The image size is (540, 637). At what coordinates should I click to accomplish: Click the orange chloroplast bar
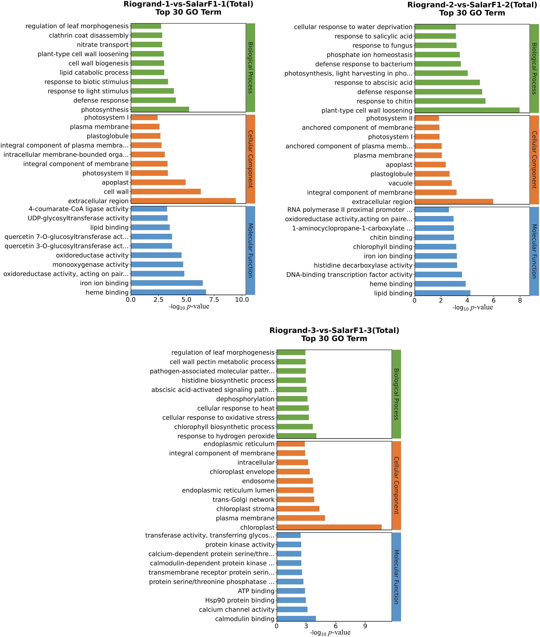point(329,527)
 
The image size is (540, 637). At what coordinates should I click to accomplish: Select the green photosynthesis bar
point(160,109)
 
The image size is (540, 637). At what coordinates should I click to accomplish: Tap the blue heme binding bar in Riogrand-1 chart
point(168,292)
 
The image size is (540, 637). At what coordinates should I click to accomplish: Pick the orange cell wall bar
point(166,192)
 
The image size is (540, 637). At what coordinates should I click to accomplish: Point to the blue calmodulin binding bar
point(296,619)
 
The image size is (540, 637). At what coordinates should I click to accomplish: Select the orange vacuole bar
point(433,183)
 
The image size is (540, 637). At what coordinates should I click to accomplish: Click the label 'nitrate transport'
point(103,45)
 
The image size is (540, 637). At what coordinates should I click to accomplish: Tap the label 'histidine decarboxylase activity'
point(363,265)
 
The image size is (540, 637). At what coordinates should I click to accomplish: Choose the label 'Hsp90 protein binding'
point(240,600)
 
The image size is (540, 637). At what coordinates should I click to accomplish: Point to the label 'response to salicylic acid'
point(374,36)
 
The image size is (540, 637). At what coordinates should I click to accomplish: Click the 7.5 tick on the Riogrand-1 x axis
point(214,300)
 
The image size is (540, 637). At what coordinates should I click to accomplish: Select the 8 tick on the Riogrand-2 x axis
point(520,300)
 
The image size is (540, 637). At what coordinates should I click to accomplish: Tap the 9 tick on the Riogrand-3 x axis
point(365,626)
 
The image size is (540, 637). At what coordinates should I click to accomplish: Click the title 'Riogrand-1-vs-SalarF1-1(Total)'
point(188,4)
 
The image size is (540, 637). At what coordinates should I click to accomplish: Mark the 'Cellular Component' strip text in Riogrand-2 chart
point(534,160)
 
